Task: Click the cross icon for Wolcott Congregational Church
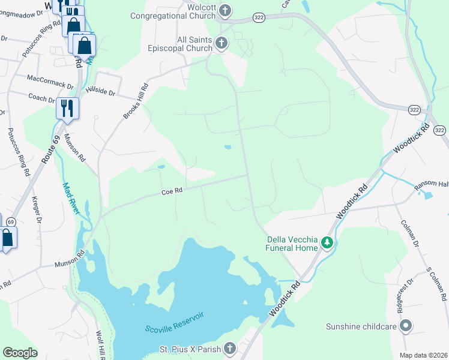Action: (225, 10)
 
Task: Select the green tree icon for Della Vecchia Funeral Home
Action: (327, 242)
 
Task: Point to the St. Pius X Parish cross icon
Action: (230, 348)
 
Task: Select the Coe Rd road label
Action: (171, 192)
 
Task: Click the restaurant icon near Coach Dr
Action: (67, 109)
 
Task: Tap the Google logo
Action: (20, 353)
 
